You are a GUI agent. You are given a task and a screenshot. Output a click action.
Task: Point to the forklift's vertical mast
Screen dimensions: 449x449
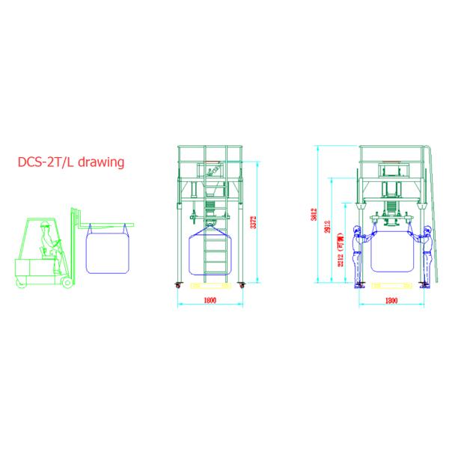(76, 243)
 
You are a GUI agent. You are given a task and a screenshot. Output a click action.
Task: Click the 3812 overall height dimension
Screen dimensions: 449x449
(315, 215)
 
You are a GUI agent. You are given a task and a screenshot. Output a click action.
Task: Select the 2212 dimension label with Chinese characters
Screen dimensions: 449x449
(341, 253)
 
